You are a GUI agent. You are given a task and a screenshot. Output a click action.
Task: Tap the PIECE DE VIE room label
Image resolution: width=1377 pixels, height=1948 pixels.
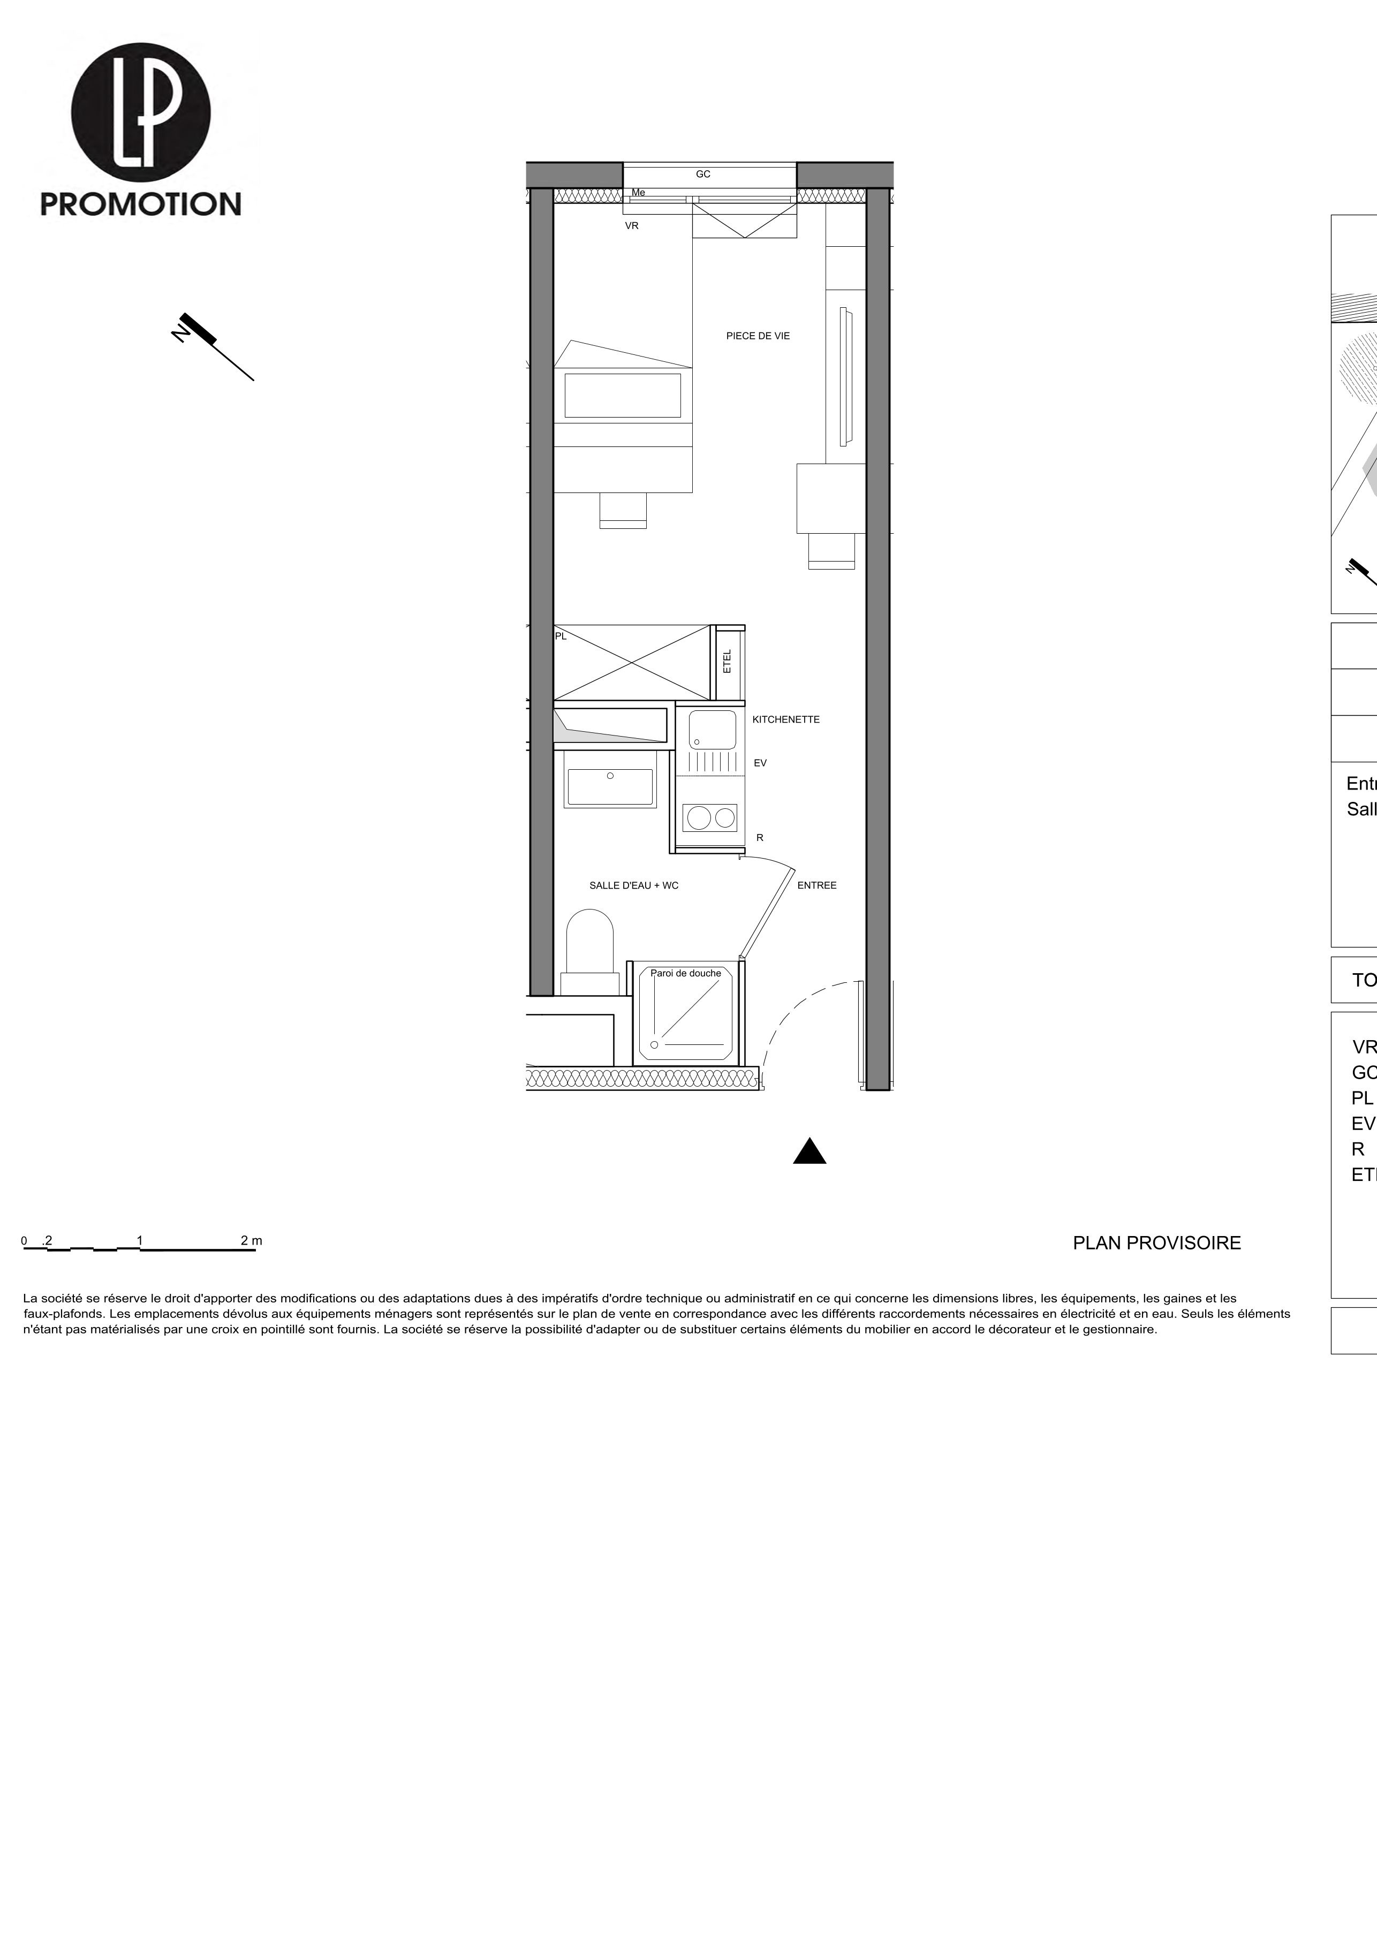(x=758, y=336)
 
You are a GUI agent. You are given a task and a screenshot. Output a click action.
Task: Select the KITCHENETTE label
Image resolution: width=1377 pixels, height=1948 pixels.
(x=785, y=719)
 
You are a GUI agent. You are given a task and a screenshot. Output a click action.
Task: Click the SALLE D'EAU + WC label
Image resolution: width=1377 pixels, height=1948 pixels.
(x=634, y=885)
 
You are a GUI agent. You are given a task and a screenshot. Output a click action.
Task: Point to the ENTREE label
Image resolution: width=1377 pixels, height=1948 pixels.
(x=816, y=885)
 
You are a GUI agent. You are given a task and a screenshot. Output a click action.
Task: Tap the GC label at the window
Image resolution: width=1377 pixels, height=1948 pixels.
(x=702, y=174)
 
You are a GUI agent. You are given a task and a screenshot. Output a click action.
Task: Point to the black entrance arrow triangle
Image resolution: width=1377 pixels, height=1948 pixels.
(x=809, y=1152)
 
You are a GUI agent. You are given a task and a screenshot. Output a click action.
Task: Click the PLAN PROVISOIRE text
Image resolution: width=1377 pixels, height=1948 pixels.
(x=1156, y=1243)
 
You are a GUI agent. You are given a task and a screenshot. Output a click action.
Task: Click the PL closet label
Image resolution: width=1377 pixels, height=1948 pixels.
(x=561, y=635)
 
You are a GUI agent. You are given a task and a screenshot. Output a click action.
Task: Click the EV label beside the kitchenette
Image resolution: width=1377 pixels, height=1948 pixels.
(x=760, y=763)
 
